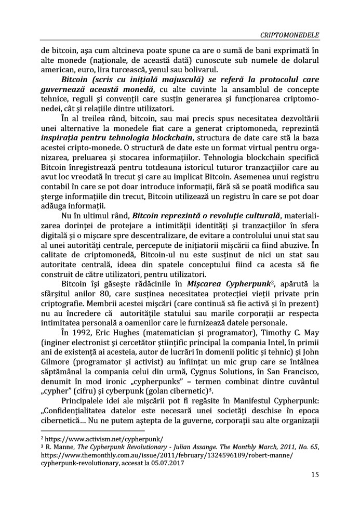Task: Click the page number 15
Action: [314, 475]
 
